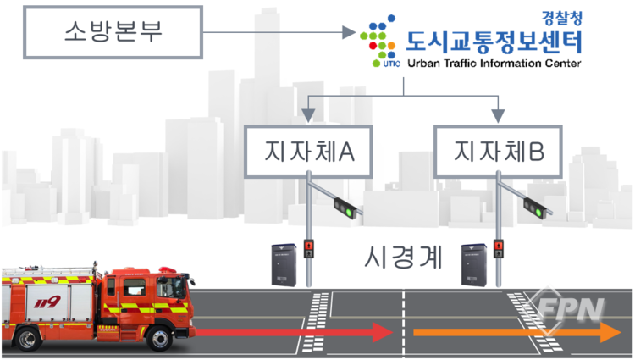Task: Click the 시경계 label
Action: click(401, 257)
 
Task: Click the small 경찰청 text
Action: click(560, 15)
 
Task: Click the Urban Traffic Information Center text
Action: click(494, 63)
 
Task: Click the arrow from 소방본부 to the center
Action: click(279, 33)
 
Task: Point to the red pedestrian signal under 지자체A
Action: click(310, 247)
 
